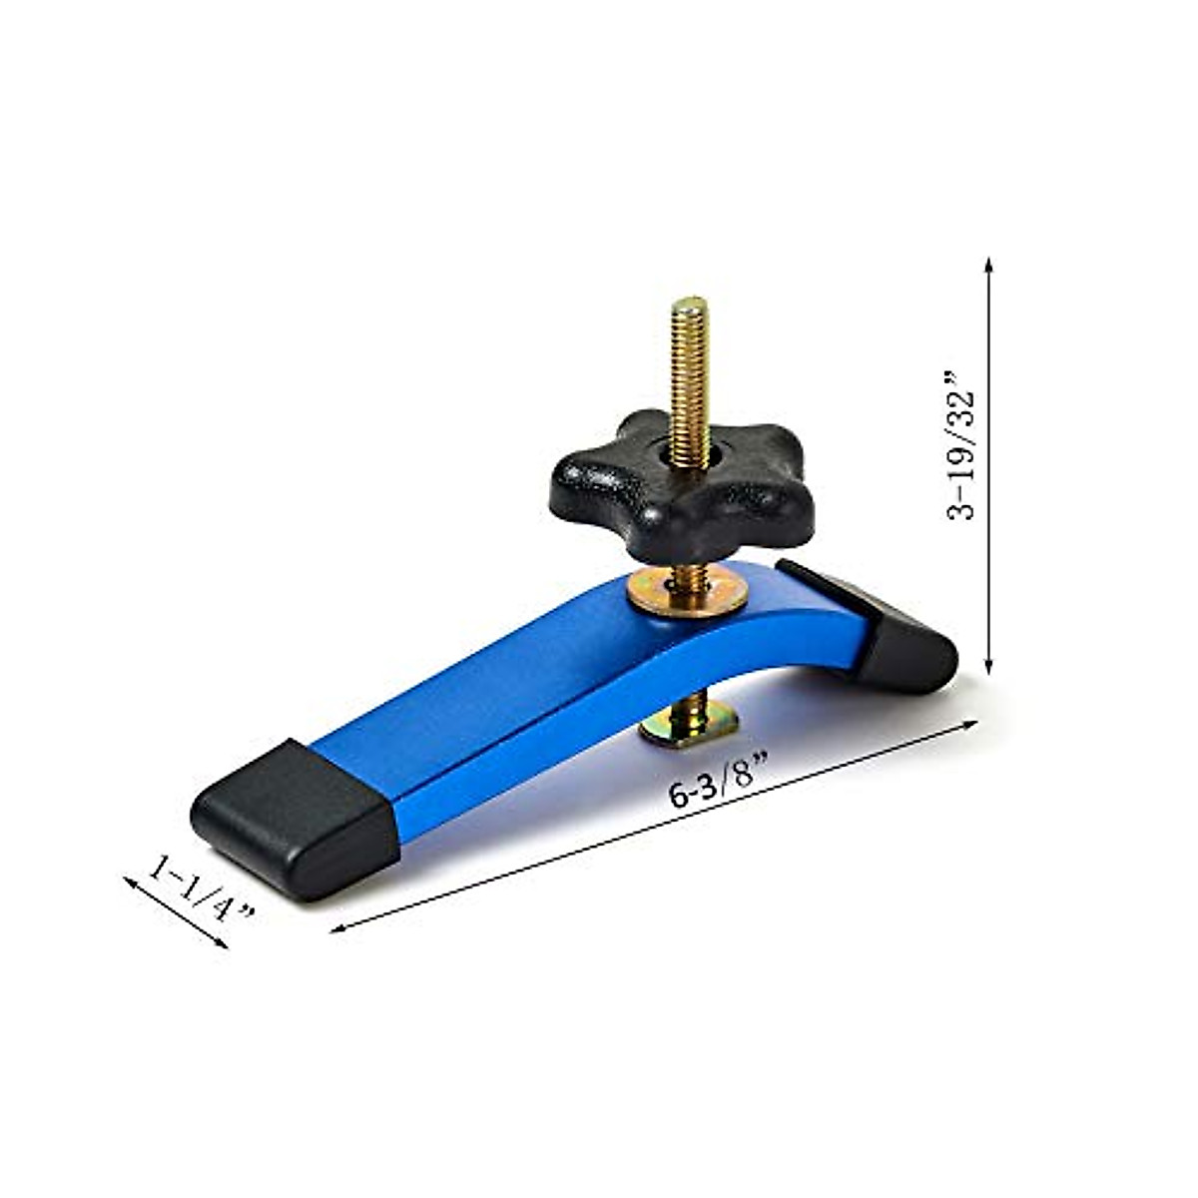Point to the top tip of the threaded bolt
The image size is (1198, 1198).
(x=689, y=302)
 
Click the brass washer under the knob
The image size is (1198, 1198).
(x=688, y=594)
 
